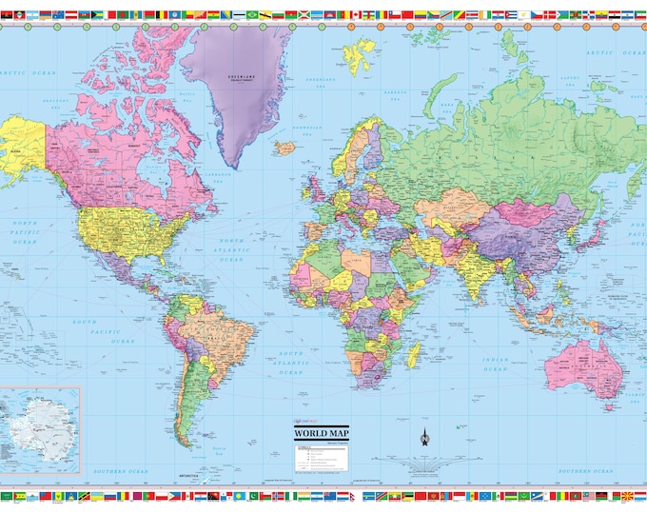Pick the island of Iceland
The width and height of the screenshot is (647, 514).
coord(285,148)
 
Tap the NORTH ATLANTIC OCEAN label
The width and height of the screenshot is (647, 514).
coord(231,250)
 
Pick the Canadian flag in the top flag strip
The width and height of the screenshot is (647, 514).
coord(358,14)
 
